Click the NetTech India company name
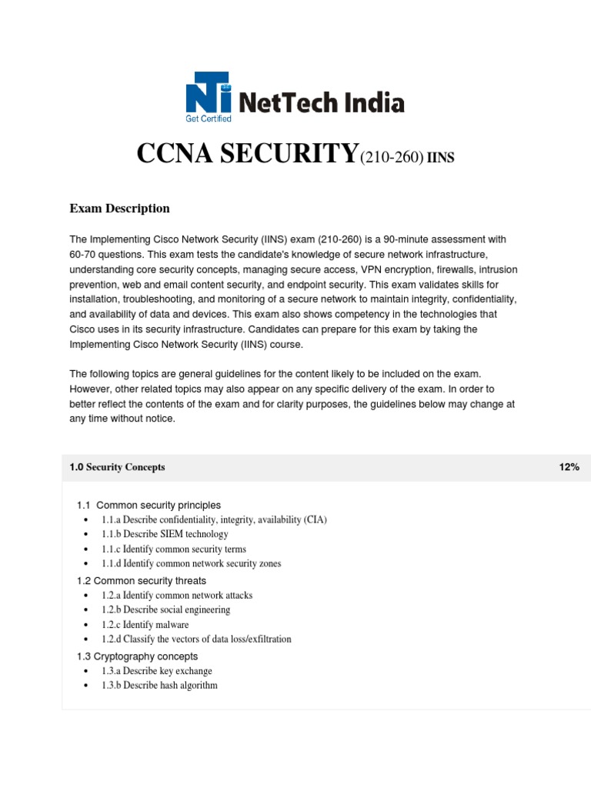322,102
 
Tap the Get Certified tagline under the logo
209,119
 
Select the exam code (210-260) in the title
389,158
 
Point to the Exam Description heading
119,209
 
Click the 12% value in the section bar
569,467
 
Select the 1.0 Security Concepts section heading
117,467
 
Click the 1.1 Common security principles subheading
149,505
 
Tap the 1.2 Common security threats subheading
142,580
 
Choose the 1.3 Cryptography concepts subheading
137,656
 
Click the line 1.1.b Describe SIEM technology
165,534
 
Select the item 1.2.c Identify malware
145,625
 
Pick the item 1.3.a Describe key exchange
156,671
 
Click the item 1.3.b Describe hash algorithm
159,686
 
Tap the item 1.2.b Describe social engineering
165,610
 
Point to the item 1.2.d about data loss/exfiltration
196,639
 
